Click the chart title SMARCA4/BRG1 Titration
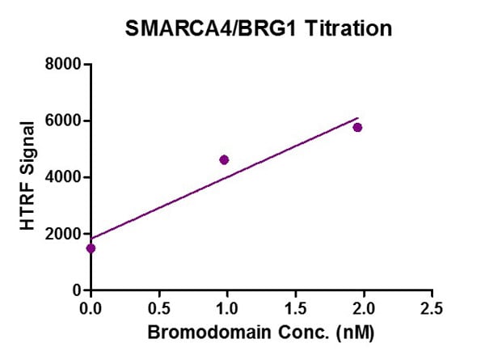click(x=259, y=28)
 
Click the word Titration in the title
click(x=349, y=28)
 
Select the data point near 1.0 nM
click(x=224, y=159)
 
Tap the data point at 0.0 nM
click(x=91, y=248)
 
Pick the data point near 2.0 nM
click(x=357, y=127)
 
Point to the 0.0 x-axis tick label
click(x=91, y=308)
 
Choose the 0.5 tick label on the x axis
click(x=159, y=308)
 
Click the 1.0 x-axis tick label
click(x=227, y=308)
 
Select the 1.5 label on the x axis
click(x=296, y=308)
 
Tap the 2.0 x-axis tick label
click(x=364, y=308)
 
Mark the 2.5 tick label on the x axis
click(x=432, y=308)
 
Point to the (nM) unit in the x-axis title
click(x=356, y=332)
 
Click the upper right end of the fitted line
click(x=356, y=119)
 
